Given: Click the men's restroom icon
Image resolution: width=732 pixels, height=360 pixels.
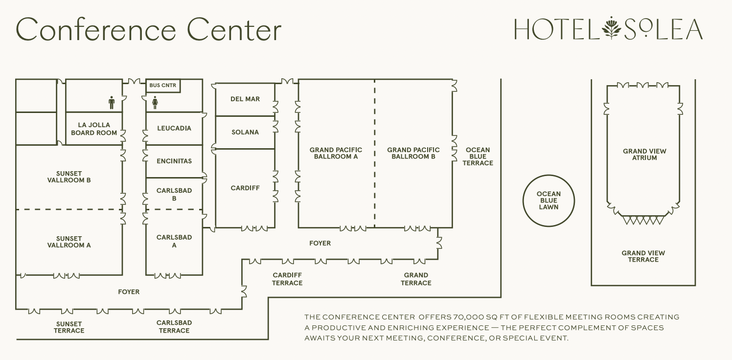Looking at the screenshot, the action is click(112, 103).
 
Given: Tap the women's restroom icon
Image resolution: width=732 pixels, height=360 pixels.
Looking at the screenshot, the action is click(155, 103).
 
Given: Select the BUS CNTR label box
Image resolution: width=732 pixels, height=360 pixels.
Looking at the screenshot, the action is click(163, 86).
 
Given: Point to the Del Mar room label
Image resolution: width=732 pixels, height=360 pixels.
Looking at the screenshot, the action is click(245, 99).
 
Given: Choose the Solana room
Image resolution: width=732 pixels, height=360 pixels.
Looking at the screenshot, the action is click(245, 132).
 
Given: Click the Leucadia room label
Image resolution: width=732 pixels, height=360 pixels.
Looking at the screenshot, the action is click(174, 128).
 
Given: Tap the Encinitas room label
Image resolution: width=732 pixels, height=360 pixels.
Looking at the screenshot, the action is click(174, 161).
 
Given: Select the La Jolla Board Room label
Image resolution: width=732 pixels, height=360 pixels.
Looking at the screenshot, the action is click(94, 129).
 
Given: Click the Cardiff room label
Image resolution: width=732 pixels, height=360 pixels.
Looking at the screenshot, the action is click(245, 188).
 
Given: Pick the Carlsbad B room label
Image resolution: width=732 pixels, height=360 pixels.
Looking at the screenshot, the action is click(174, 194).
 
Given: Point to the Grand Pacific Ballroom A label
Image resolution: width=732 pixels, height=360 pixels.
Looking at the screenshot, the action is click(336, 153).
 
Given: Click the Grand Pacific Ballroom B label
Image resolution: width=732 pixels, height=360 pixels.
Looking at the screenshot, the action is click(413, 153).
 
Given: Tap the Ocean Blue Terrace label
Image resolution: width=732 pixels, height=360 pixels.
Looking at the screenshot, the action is click(478, 157).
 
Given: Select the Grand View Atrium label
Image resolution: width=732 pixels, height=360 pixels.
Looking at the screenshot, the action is click(644, 155).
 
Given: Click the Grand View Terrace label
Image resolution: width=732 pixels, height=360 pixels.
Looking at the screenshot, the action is click(643, 256).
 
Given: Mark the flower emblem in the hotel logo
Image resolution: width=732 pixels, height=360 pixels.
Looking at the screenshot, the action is click(611, 28).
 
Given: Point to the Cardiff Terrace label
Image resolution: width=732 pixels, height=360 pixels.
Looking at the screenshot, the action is click(287, 279).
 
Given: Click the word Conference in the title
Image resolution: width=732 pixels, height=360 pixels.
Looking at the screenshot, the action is click(96, 29).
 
